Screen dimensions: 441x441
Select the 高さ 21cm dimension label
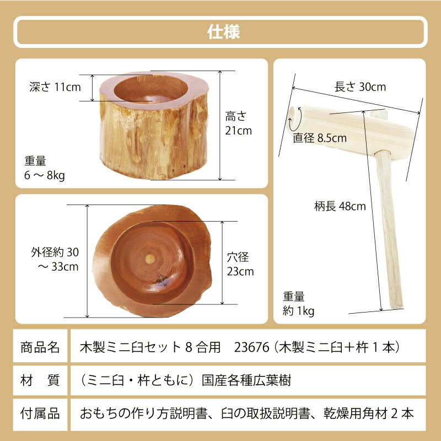[x=238, y=123]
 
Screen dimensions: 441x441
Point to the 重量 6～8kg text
[x=45, y=168]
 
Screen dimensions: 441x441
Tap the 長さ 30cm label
[x=360, y=87]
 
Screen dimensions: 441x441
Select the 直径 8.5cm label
[x=320, y=138]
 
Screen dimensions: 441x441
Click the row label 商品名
[x=40, y=347]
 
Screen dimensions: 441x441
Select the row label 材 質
[x=40, y=380]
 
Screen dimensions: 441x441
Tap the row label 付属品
[x=40, y=413]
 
